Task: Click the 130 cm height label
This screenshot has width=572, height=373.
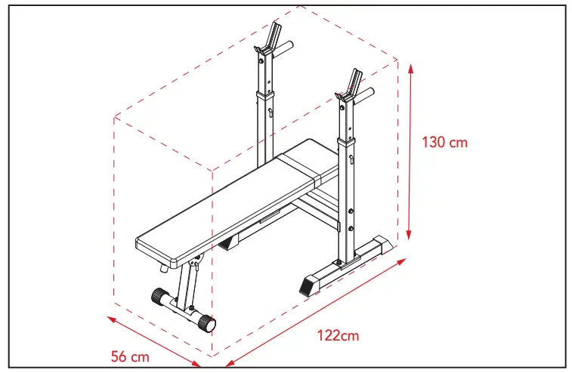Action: [x=445, y=142]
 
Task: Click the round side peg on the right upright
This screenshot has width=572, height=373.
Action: [x=366, y=95]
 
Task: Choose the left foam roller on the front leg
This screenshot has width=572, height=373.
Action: [x=160, y=296]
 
